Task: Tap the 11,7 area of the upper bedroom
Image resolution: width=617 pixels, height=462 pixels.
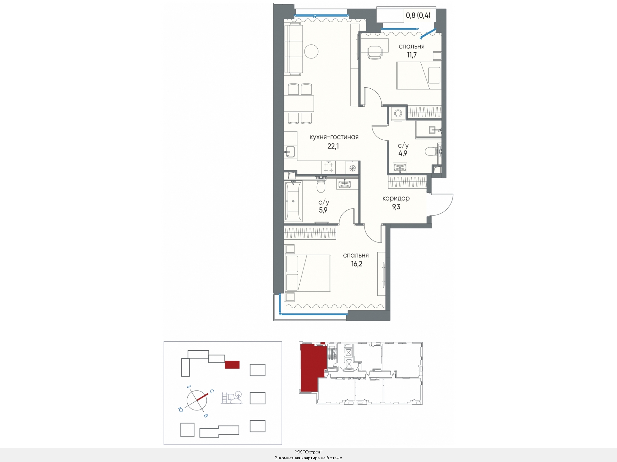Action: (412, 55)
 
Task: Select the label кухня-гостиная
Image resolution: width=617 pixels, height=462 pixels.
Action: (334, 137)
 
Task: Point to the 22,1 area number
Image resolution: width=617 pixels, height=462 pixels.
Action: (333, 146)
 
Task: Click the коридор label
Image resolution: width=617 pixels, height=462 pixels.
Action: (396, 198)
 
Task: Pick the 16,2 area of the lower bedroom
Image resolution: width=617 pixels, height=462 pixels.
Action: (357, 264)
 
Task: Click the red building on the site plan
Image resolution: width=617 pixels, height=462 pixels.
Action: (232, 364)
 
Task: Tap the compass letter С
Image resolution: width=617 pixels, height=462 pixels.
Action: (212, 392)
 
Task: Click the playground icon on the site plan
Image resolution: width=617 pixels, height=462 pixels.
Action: (232, 397)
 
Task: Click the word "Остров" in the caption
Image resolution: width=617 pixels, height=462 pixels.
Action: (313, 452)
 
